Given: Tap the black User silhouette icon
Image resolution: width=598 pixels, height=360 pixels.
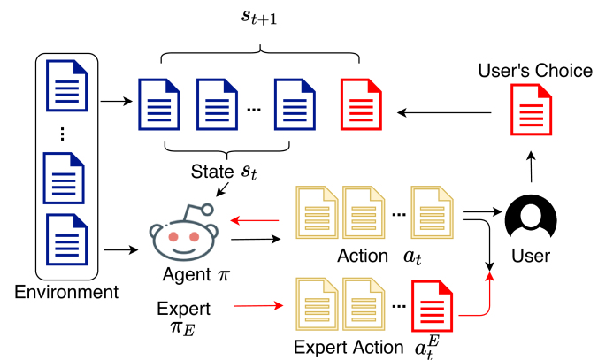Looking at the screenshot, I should [x=530, y=217].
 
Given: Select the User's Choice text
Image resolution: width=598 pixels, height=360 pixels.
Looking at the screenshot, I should [x=534, y=71].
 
